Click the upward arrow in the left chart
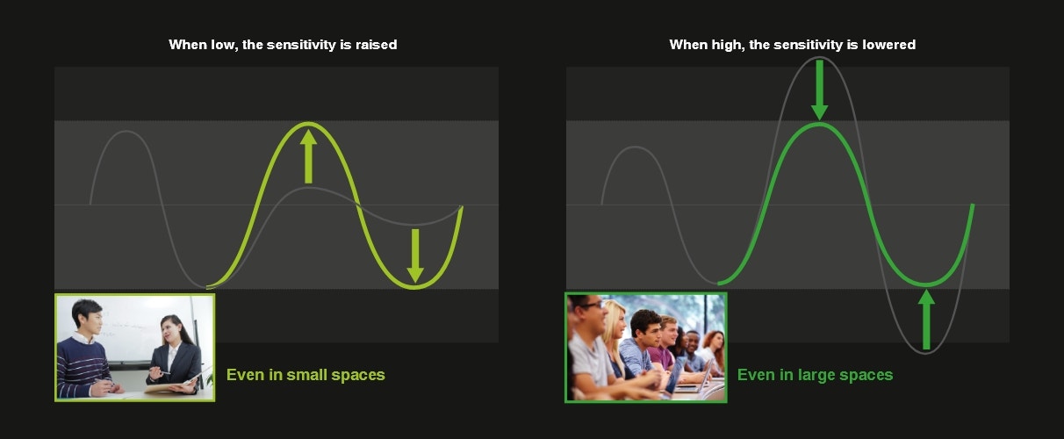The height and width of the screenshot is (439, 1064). point(308,157)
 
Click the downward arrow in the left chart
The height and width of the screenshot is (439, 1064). point(415,255)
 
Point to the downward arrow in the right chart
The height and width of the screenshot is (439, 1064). point(819,90)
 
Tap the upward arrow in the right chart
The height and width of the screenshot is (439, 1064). point(926,320)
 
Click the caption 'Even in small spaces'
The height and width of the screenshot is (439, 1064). point(306,375)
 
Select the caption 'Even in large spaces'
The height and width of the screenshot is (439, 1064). point(815,375)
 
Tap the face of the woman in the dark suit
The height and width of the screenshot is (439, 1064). point(169,331)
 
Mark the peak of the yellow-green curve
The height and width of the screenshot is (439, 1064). point(308,124)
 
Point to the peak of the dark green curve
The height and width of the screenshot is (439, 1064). point(819,124)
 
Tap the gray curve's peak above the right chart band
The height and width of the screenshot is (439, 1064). point(819,57)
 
